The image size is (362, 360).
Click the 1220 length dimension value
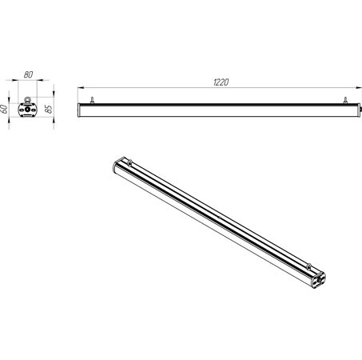221,82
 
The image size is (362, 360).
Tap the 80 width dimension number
28,74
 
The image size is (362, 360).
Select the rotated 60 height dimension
4,109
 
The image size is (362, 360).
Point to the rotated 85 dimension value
50,109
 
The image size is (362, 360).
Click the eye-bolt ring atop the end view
27,99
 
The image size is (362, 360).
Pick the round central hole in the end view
27,110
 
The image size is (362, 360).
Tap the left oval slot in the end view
22,110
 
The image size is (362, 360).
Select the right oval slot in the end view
33,110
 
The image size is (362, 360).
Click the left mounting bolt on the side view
92,100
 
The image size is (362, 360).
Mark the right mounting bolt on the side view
345,100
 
